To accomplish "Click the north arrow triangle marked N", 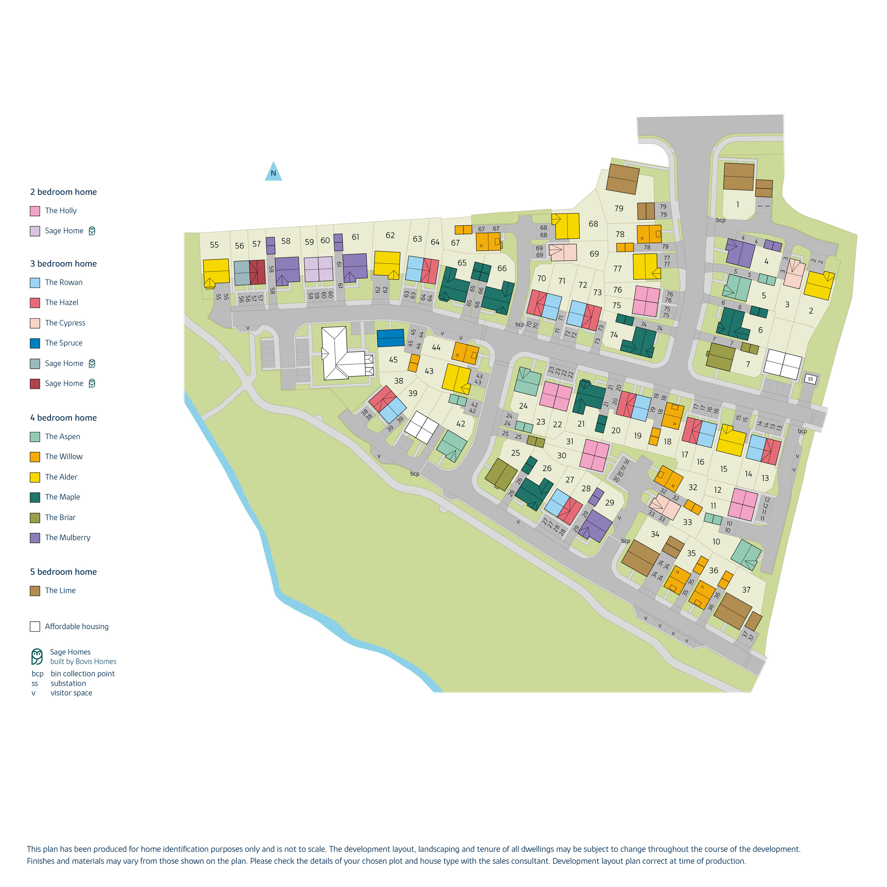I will point(273,173).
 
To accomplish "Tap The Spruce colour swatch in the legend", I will point(35,343).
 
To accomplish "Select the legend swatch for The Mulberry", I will point(35,538).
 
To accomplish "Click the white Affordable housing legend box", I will point(35,626).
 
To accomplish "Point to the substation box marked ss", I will point(810,379).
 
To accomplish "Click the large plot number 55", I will point(214,245).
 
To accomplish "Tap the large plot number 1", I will point(738,204).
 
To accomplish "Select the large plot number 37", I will point(746,590).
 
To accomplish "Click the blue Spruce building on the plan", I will point(390,338).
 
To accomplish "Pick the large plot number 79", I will point(619,208).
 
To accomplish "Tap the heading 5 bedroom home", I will point(63,571).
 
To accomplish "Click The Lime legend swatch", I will point(35,591).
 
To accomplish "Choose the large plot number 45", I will point(393,360).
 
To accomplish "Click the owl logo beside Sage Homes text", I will point(37,656).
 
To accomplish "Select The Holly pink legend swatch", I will point(35,211).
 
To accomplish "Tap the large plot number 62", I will point(390,235).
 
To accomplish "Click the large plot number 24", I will point(523,406).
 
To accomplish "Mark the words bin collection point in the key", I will point(83,673).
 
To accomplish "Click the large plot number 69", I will point(594,254).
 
